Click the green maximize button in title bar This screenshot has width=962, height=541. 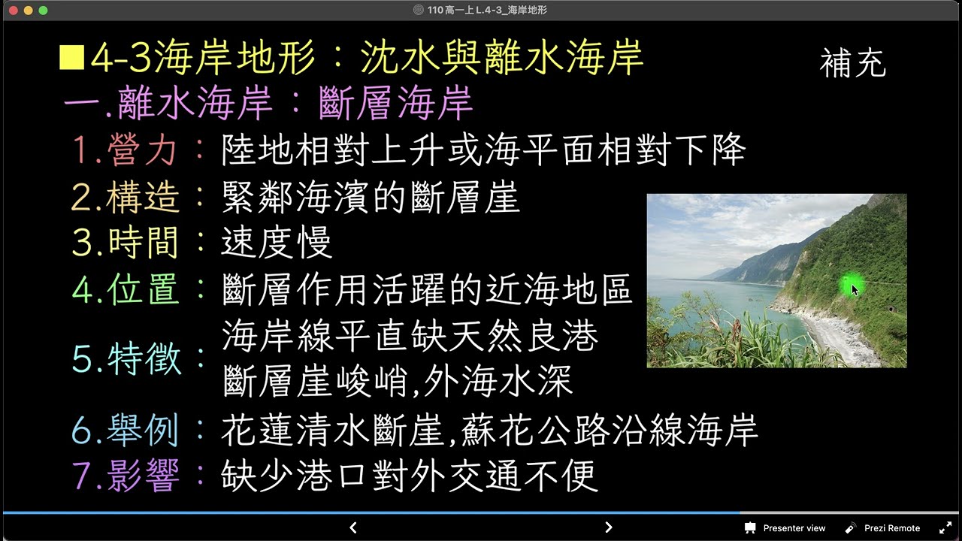tap(43, 11)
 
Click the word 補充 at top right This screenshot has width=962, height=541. tap(853, 64)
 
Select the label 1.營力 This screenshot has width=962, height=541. tap(125, 150)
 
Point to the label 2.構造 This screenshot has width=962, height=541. tap(126, 198)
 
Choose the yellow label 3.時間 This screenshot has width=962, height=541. tap(126, 243)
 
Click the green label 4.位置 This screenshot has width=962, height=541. tap(126, 290)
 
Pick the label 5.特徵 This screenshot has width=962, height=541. tap(127, 359)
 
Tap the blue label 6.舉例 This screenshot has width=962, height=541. tap(126, 431)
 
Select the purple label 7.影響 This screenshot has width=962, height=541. tap(126, 476)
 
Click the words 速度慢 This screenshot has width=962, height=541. tap(277, 243)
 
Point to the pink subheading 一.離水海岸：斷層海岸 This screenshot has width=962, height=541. tap(268, 104)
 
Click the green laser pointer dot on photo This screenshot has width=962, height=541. tap(850, 286)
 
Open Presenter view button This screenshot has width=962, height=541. tap(785, 527)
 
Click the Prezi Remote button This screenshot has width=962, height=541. tap(882, 527)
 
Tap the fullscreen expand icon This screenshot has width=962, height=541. tap(945, 527)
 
